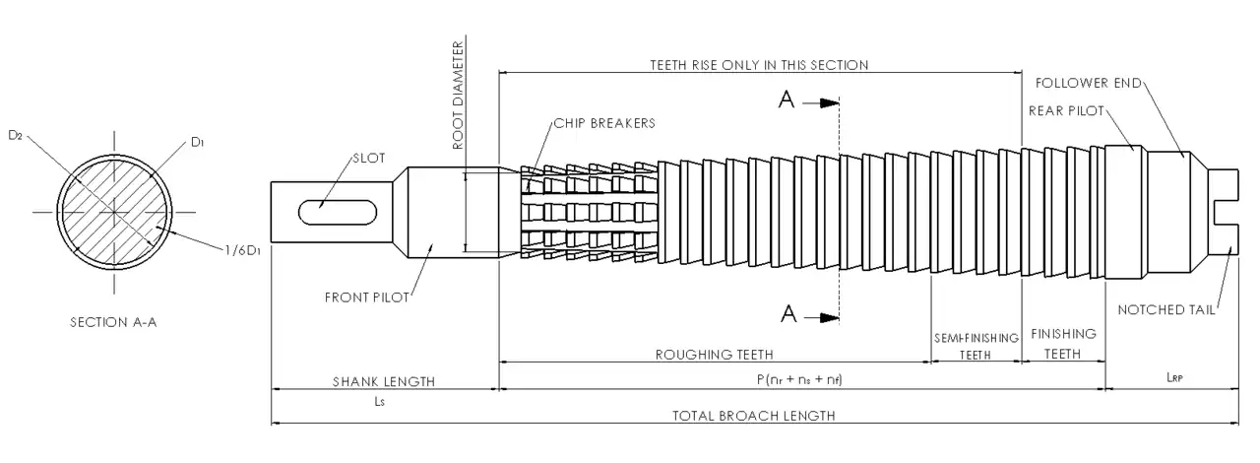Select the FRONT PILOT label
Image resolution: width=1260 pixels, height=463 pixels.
click(x=366, y=298)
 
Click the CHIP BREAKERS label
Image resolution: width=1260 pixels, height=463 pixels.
click(x=604, y=123)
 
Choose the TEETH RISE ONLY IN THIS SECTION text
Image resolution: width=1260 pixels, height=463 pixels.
click(x=759, y=65)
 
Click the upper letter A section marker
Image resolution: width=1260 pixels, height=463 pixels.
click(x=787, y=100)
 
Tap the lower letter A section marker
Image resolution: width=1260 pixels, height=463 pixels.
click(x=787, y=314)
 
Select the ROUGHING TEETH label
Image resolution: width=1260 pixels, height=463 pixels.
click(x=715, y=354)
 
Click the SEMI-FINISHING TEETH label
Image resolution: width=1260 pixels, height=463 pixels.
click(x=976, y=346)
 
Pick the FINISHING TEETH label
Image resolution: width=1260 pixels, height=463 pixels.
click(x=1063, y=344)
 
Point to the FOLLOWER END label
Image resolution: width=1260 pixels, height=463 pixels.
click(x=1089, y=83)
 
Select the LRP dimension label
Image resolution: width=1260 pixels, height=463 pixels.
click(x=1172, y=376)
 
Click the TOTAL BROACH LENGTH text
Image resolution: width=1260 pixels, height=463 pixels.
click(x=754, y=416)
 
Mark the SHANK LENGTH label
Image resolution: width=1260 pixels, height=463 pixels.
click(x=383, y=381)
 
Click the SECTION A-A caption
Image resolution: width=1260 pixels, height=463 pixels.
click(x=113, y=322)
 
